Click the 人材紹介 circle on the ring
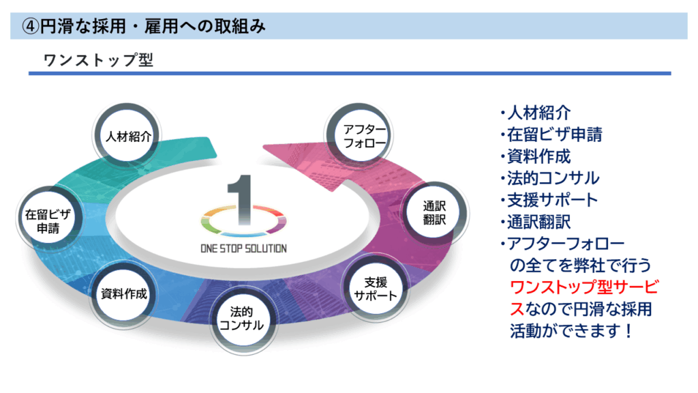pos(127,136)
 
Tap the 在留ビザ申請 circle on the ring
pos(48,220)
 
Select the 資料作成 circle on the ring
pos(123,293)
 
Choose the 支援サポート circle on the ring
pos(375,289)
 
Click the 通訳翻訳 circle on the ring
pos(434,213)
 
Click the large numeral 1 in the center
pos(241,200)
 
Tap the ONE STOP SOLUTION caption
pos(243,248)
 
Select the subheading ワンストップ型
pos(98,60)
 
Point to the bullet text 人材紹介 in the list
pos(538,113)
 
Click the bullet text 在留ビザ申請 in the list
pos(555,134)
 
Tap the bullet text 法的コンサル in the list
pos(553,178)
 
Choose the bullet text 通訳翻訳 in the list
pos(538,222)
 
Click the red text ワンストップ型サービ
pos(584,287)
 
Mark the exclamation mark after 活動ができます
pos(628,331)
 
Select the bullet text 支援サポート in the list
pos(552,200)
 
